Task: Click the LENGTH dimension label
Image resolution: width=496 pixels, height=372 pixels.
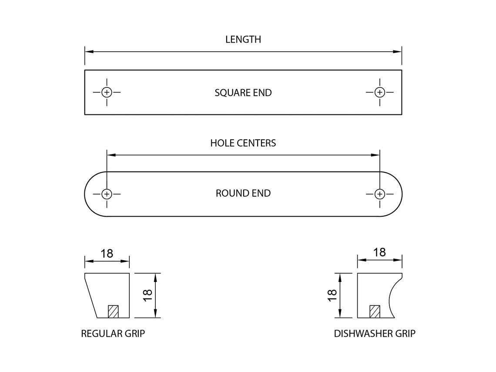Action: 243,39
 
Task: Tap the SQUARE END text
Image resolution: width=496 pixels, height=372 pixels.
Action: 243,93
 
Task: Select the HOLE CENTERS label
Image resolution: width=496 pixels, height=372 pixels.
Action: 243,143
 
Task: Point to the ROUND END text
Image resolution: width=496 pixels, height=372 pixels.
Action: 243,193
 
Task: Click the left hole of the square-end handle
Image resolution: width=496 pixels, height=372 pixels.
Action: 107,92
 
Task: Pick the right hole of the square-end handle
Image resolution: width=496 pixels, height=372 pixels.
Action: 380,92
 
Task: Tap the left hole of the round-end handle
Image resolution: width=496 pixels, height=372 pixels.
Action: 107,194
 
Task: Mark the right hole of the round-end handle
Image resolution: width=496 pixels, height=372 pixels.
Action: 380,194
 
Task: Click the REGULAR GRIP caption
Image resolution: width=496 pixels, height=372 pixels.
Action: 113,334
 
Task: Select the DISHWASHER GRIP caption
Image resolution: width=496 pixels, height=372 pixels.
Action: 375,334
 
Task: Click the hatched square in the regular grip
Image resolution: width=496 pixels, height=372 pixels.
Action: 113,312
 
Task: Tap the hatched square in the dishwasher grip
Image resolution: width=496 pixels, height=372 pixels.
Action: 375,312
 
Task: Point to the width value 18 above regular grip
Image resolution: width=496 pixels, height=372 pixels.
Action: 107,254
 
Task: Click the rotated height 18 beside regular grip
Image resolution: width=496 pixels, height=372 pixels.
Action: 148,295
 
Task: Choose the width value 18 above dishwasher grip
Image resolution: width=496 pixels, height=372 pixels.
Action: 379,252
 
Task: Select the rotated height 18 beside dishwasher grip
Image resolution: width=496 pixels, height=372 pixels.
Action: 332,295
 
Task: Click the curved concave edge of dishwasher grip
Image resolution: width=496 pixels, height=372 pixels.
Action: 390,295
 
